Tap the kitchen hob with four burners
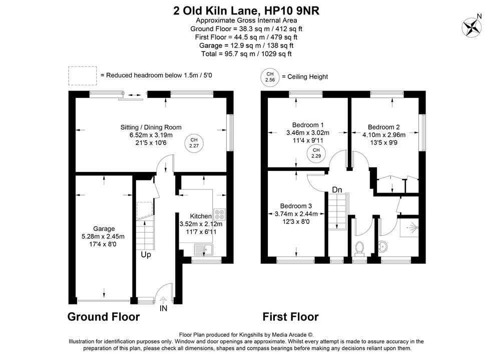point(219,214)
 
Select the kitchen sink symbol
point(204,247)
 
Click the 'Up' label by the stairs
point(146,254)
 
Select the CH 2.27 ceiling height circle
point(193,143)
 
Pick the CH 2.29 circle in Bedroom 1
point(316,153)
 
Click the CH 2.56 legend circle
point(270,76)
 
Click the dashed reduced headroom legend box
point(82,75)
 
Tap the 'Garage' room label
point(104,228)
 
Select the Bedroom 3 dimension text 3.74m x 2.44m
point(296,214)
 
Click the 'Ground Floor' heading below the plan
point(104,316)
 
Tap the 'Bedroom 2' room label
point(383,127)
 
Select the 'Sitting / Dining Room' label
point(151,127)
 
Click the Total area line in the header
point(246,53)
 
